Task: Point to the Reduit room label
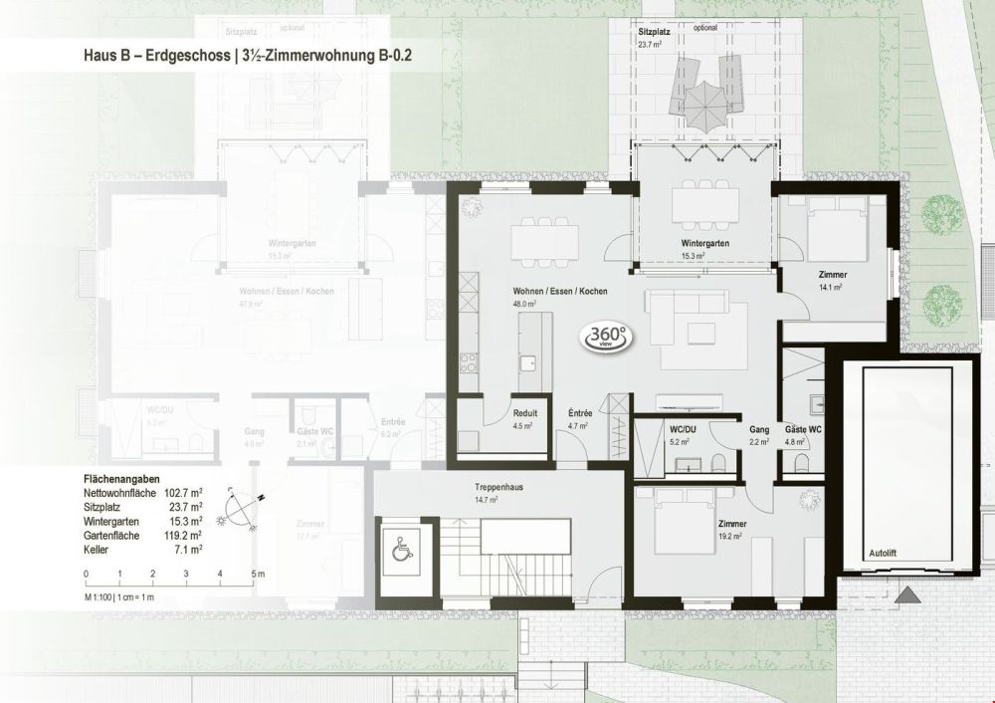tap(524, 413)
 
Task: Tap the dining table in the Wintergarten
tap(705, 205)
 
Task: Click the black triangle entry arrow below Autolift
tap(906, 595)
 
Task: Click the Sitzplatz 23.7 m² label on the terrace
tap(654, 39)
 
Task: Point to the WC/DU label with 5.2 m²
tap(683, 428)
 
